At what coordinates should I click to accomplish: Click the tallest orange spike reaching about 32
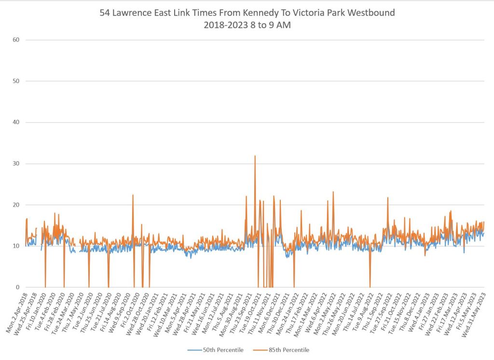[255, 156]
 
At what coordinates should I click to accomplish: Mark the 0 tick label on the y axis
[17, 288]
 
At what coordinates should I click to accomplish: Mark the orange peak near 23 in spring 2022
[333, 192]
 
